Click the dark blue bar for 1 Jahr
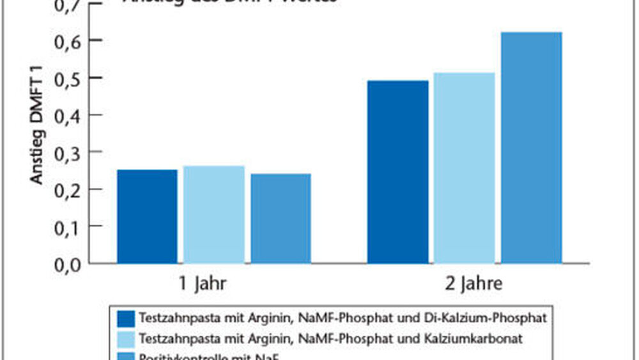point(147,216)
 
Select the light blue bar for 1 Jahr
point(213,214)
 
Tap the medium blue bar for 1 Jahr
point(281,218)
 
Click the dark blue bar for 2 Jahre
point(397,171)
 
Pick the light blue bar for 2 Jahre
point(464,168)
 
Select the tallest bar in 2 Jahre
point(531,147)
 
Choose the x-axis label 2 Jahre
point(465,285)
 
